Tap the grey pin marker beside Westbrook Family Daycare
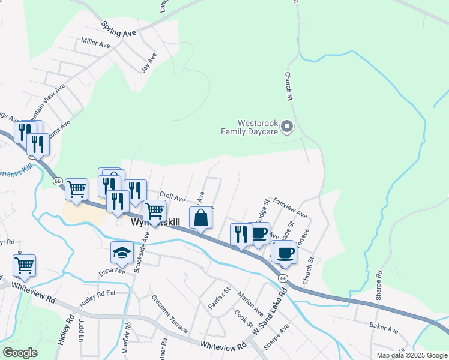click(x=286, y=126)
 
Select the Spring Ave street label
click(x=119, y=29)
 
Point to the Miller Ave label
click(x=96, y=43)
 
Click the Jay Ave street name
click(x=148, y=62)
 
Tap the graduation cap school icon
click(x=122, y=253)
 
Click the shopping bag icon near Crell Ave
click(x=201, y=218)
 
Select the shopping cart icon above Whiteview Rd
click(x=25, y=265)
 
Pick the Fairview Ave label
click(x=290, y=208)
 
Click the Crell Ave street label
click(x=173, y=197)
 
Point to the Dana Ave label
click(x=112, y=271)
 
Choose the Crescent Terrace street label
click(x=169, y=314)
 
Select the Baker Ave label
click(x=384, y=329)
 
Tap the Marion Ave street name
click(x=250, y=304)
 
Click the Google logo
click(x=20, y=352)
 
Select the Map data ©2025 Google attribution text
click(x=412, y=355)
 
